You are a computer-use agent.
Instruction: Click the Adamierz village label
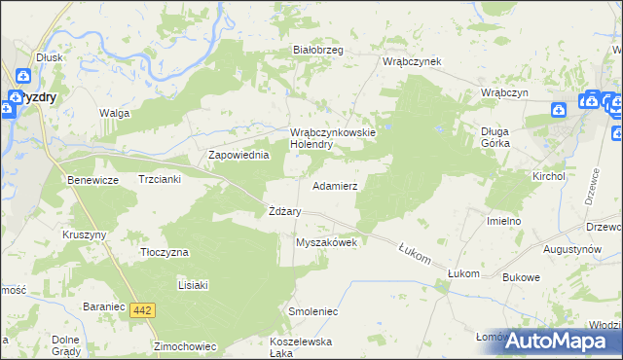(x=334, y=185)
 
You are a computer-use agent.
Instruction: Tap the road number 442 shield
(x=143, y=309)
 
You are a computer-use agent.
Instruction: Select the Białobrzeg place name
(x=318, y=51)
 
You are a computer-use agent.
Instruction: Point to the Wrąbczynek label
(x=412, y=61)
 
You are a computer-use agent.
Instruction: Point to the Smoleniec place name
(x=312, y=311)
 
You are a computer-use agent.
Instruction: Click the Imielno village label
(x=504, y=221)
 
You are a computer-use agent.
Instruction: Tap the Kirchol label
(x=548, y=176)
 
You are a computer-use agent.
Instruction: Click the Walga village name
(x=114, y=113)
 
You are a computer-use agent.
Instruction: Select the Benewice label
(x=92, y=181)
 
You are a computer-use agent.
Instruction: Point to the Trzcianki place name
(x=160, y=181)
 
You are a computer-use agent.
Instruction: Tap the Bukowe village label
(x=522, y=277)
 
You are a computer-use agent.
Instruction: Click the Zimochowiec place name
(x=183, y=345)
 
